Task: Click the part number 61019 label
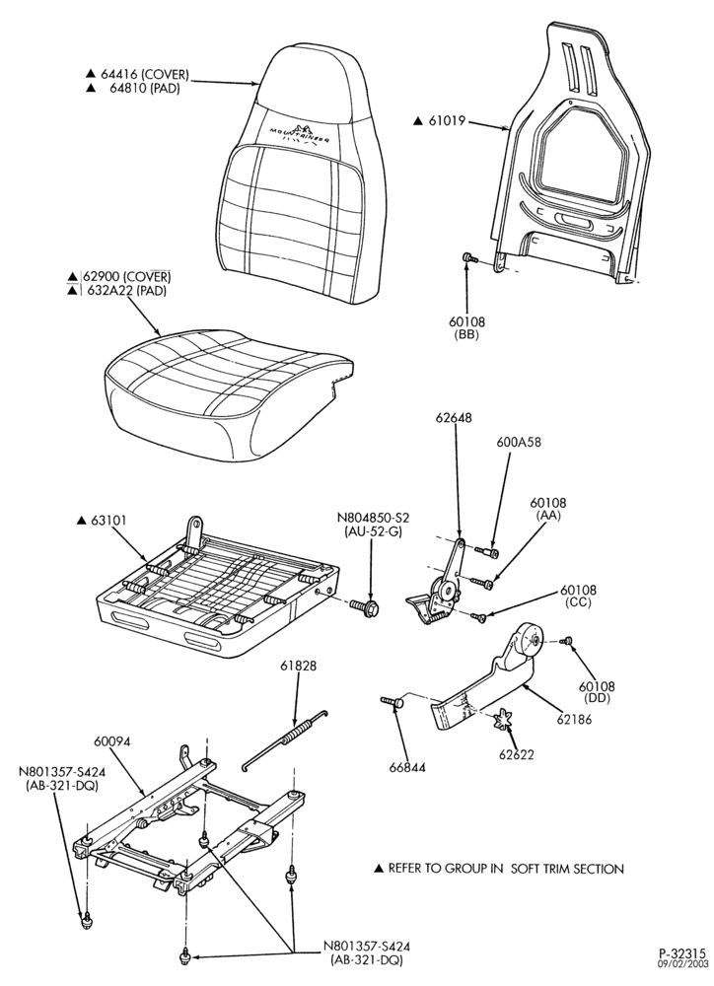click(x=447, y=120)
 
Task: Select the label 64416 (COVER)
click(x=149, y=75)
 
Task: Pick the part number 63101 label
click(x=107, y=520)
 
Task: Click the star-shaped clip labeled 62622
click(x=504, y=718)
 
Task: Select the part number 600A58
click(x=519, y=442)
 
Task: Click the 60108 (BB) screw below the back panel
click(x=468, y=257)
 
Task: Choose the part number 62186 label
click(x=574, y=718)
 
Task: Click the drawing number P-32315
click(x=681, y=952)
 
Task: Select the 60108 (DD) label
click(x=598, y=692)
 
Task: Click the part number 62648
click(x=454, y=417)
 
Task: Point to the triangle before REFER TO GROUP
click(x=378, y=869)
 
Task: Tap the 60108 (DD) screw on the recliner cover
click(x=567, y=640)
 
